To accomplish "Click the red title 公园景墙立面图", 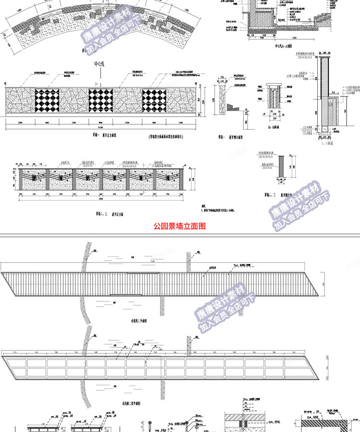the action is point(179,226).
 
